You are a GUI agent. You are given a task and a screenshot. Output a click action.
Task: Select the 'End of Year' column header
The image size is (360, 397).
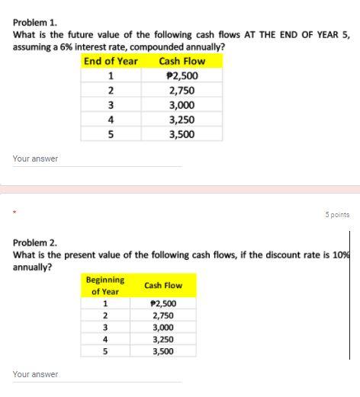(111, 61)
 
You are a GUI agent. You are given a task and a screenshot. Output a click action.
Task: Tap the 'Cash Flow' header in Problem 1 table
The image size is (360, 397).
(182, 61)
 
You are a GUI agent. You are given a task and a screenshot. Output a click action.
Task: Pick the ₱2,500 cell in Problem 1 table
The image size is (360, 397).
(182, 75)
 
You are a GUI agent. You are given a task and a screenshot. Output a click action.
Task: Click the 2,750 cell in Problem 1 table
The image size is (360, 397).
(182, 90)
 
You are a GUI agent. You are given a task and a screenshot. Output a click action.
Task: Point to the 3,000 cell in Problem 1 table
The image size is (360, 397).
(182, 104)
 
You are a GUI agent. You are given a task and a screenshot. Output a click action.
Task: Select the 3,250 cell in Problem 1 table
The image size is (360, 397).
(182, 119)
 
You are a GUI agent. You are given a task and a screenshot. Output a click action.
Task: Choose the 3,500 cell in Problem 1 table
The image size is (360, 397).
(182, 134)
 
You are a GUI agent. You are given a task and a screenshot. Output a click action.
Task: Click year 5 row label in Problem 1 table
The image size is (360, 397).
(111, 134)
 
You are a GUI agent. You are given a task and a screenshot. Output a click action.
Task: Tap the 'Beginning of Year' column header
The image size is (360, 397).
(105, 286)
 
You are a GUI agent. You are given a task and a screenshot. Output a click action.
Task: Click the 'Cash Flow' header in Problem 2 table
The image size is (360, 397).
(163, 286)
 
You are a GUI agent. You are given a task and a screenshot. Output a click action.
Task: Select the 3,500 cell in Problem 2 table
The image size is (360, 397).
(162, 352)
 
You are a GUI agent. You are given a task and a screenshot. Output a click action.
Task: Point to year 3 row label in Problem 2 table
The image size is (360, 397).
(105, 328)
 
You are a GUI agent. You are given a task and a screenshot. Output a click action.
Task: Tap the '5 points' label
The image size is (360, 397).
(336, 215)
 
